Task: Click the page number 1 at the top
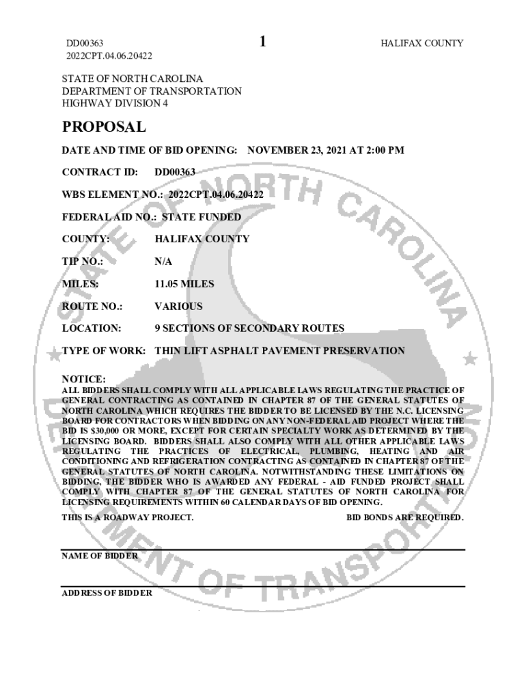pos(263,42)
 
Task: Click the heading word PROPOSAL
pos(104,127)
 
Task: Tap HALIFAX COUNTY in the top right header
pos(421,43)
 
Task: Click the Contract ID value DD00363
pos(175,172)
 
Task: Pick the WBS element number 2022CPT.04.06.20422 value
pos(217,195)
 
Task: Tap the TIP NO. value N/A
pos(163,261)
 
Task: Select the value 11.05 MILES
pos(184,284)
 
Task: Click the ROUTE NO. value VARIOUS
pos(178,306)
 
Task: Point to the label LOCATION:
pos(92,328)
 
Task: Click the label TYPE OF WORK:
pos(103,351)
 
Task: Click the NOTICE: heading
pos(84,379)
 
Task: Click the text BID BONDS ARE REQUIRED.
pos(405,517)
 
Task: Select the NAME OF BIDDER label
pos(100,556)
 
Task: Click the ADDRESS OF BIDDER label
pos(107,593)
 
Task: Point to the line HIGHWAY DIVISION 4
pos(115,103)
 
